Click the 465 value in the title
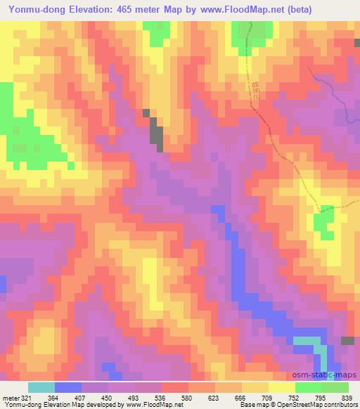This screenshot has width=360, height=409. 120,8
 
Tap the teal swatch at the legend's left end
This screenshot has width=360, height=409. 41,388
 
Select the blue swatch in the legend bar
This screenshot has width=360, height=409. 68,388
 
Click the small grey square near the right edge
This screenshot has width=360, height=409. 347,341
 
